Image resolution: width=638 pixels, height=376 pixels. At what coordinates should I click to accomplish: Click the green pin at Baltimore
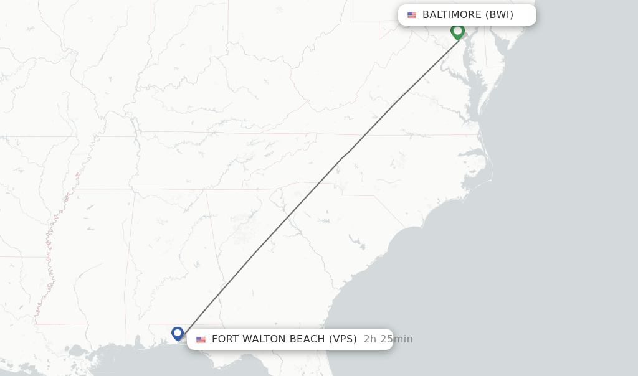[458, 31]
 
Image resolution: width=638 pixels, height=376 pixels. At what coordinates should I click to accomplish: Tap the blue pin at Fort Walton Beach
[178, 334]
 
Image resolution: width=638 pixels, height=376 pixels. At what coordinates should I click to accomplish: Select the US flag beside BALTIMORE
[412, 15]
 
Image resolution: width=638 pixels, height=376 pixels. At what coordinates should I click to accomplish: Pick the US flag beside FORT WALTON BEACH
[201, 339]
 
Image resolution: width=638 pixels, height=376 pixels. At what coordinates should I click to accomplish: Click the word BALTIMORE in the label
[452, 15]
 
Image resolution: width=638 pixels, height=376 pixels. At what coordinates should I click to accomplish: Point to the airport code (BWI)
[500, 15]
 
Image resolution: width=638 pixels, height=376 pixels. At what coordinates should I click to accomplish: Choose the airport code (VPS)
[343, 339]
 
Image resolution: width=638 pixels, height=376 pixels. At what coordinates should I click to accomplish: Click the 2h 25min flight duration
[388, 339]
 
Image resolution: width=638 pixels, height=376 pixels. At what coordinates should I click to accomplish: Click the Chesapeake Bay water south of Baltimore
[474, 81]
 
